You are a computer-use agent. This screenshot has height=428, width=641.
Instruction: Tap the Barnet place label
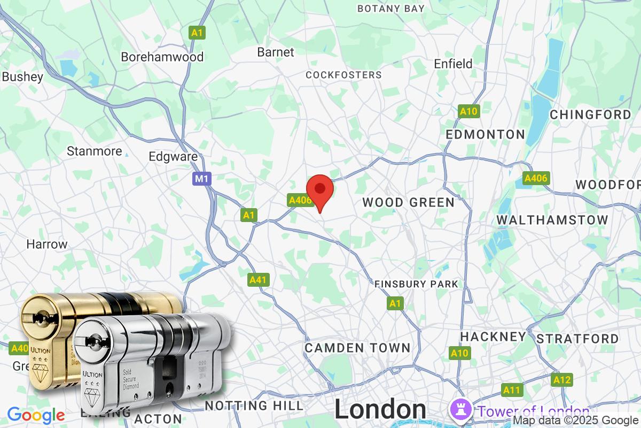tap(276, 52)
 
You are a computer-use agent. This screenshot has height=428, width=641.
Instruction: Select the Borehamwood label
tap(162, 57)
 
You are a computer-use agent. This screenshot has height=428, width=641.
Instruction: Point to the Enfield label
tap(453, 64)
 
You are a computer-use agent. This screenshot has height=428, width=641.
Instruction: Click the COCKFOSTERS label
tap(343, 75)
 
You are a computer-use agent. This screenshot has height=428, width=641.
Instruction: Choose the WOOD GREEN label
tap(409, 202)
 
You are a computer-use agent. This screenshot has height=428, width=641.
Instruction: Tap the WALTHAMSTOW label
tap(552, 220)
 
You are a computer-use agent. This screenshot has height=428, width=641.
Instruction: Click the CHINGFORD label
tap(590, 114)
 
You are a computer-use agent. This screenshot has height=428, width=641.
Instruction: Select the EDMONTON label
tap(486, 134)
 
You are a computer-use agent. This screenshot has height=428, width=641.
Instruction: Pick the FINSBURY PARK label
tap(416, 284)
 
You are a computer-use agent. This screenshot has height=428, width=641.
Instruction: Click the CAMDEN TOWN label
tap(357, 348)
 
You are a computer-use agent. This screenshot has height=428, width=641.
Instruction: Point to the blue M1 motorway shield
tap(202, 179)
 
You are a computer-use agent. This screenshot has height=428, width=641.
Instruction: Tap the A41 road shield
tap(259, 279)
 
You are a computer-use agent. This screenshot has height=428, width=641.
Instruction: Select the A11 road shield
tap(511, 389)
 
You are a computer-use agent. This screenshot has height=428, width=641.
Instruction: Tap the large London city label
tap(380, 409)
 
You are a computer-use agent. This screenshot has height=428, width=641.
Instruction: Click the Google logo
tap(36, 415)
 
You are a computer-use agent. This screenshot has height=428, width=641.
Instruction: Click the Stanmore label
tap(94, 151)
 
